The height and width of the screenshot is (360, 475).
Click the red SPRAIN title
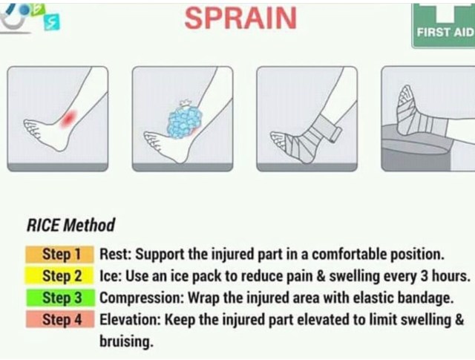[x=240, y=19]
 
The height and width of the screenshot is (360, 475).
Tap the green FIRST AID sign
[x=444, y=26]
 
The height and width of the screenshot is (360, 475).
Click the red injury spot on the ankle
[x=69, y=118]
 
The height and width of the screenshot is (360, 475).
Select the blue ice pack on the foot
[x=185, y=121]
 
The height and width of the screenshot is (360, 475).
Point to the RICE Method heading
[x=71, y=225]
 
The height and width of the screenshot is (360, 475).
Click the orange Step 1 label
[x=59, y=255]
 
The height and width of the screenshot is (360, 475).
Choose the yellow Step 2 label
[x=59, y=276]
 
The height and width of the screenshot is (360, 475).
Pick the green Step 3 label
[x=60, y=298]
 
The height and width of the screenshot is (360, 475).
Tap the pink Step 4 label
[x=60, y=319]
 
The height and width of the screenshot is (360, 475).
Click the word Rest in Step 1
[x=115, y=254]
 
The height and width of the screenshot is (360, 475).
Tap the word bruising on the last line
[x=125, y=341]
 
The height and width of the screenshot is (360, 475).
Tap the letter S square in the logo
[x=52, y=23]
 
